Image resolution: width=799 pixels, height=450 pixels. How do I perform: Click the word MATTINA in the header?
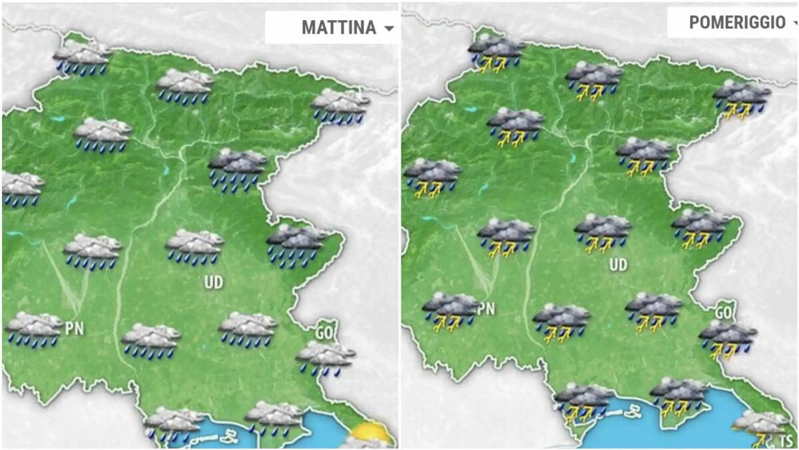339,27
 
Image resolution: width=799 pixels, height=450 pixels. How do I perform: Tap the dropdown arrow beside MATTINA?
389,28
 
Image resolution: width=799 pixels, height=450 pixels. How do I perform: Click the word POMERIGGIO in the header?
737,23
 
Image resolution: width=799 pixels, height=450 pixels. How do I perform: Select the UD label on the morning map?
214,283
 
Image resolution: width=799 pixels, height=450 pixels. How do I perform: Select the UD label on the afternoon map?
618,265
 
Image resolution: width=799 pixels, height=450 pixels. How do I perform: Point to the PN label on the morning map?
75,327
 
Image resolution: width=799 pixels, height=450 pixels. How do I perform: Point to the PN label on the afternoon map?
487,309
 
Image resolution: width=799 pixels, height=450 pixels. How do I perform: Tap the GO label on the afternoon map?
723,311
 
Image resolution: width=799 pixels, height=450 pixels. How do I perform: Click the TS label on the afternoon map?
786,441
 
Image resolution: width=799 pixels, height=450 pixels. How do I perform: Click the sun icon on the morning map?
370,433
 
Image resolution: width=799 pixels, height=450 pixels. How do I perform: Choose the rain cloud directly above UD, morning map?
194,246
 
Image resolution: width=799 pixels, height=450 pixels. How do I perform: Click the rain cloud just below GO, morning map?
325,357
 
